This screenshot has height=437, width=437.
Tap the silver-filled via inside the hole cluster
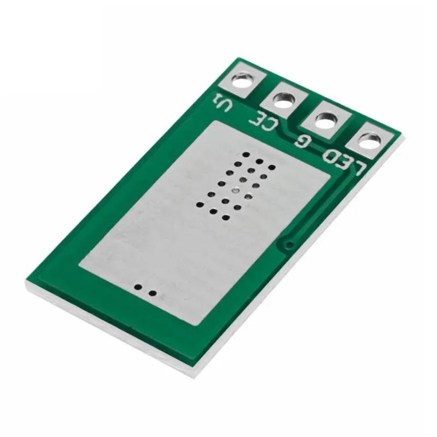(235, 191)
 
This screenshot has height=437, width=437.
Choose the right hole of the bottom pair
(153, 293)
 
